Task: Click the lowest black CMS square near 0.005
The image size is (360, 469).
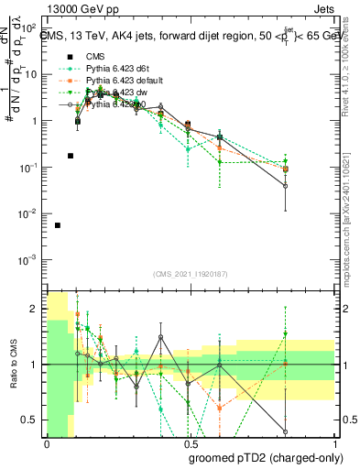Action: (58, 225)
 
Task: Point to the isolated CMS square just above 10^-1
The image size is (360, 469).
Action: (71, 156)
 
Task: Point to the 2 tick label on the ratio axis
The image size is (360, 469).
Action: (35, 310)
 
